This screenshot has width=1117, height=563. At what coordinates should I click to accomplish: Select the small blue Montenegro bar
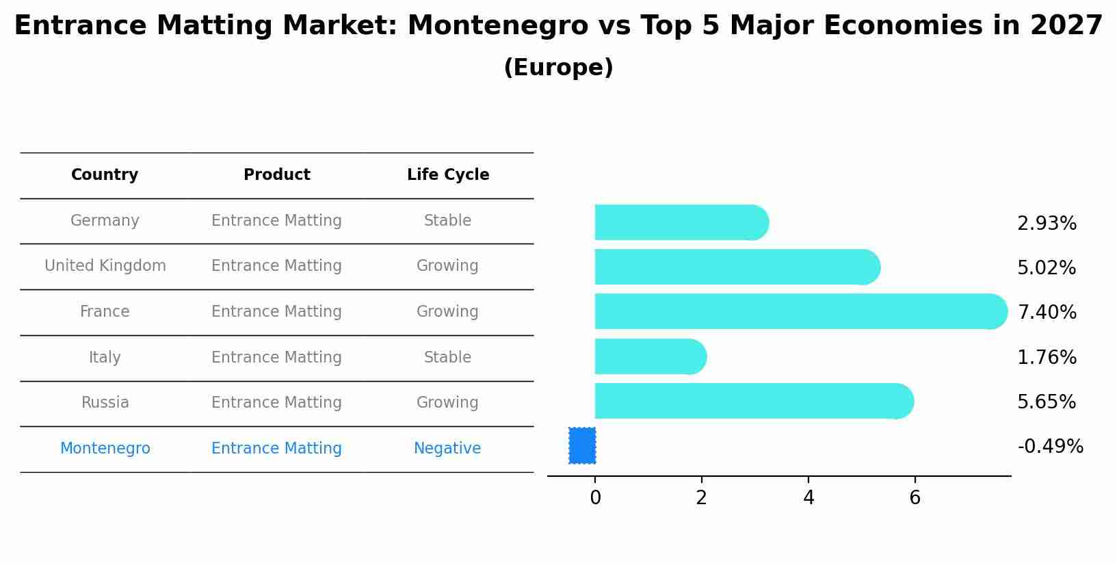(x=582, y=445)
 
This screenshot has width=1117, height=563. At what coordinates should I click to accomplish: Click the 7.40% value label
(x=1047, y=313)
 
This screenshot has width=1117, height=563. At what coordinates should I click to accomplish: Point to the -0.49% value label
(x=1050, y=447)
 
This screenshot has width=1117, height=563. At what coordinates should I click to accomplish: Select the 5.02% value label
(x=1047, y=267)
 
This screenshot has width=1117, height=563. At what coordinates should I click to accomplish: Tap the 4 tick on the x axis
(x=809, y=498)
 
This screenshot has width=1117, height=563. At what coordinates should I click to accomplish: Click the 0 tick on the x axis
(x=595, y=498)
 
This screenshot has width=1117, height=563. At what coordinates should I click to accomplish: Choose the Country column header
(x=105, y=175)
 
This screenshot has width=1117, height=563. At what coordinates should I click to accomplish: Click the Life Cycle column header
(x=448, y=175)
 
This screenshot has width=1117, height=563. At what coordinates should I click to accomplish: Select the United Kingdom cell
(x=105, y=266)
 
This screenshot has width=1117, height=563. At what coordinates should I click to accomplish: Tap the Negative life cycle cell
(x=447, y=449)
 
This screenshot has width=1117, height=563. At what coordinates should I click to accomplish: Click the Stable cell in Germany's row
(x=447, y=221)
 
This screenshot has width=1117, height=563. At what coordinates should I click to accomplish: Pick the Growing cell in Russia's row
(x=447, y=403)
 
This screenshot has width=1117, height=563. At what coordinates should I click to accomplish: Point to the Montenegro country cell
(x=105, y=449)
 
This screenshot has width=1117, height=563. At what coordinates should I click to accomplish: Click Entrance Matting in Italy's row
(x=276, y=358)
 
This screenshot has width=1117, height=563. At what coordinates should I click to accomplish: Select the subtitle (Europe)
(x=558, y=68)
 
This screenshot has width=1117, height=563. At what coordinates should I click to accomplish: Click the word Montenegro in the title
(x=497, y=26)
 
